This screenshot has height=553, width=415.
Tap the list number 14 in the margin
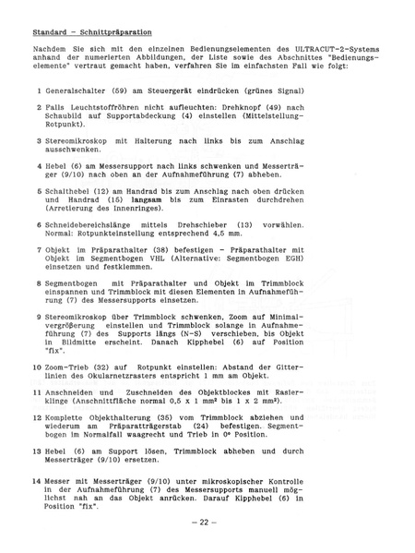[x=36, y=482]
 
